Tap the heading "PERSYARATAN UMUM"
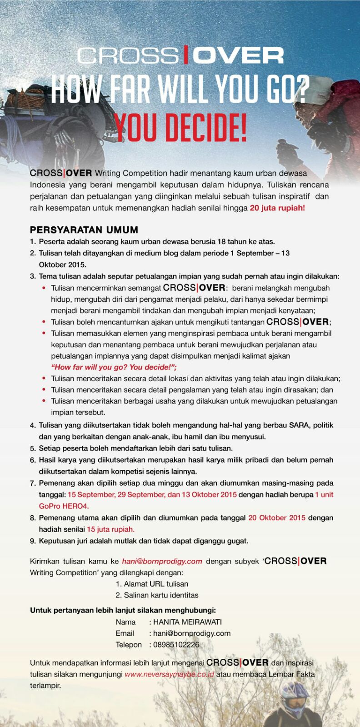tap(84, 230)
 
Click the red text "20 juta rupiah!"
tap(277, 208)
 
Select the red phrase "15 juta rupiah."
tap(110, 529)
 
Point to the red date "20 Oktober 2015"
tap(277, 518)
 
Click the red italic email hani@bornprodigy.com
tap(162, 561)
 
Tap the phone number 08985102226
tap(176, 644)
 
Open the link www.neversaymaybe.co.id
tap(170, 674)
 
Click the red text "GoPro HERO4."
tap(64, 506)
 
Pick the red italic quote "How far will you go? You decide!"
tap(114, 367)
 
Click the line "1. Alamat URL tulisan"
tap(152, 584)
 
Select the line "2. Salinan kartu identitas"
tap(157, 595)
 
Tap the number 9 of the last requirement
tap(33, 541)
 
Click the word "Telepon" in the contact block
tap(129, 644)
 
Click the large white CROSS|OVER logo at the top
tap(180, 56)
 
